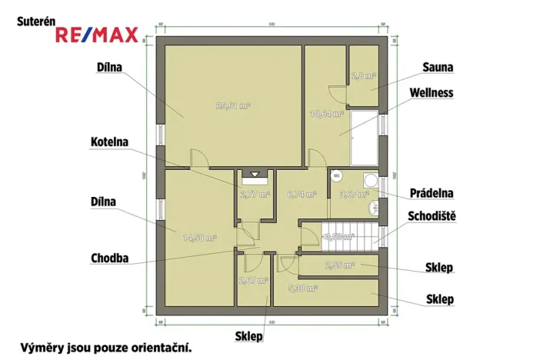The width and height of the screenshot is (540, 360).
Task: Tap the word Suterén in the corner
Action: (x=36, y=23)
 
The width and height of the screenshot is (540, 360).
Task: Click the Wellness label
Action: (x=432, y=93)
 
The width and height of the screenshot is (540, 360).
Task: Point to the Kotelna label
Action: (x=109, y=142)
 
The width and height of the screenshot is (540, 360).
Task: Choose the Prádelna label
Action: (x=430, y=192)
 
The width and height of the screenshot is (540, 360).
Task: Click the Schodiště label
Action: (x=432, y=216)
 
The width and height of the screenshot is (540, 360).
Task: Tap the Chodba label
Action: (x=110, y=258)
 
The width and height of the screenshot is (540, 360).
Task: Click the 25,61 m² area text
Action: (x=234, y=105)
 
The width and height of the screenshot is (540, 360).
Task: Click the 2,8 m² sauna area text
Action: (x=362, y=76)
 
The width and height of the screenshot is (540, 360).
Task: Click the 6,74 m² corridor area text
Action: (x=301, y=195)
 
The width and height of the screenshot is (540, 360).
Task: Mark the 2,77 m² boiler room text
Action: (x=255, y=195)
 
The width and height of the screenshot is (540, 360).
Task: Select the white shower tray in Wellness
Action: (x=365, y=138)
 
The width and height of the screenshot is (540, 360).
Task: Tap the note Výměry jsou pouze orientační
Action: (x=106, y=347)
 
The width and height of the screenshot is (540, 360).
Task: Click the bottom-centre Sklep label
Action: (x=250, y=336)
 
